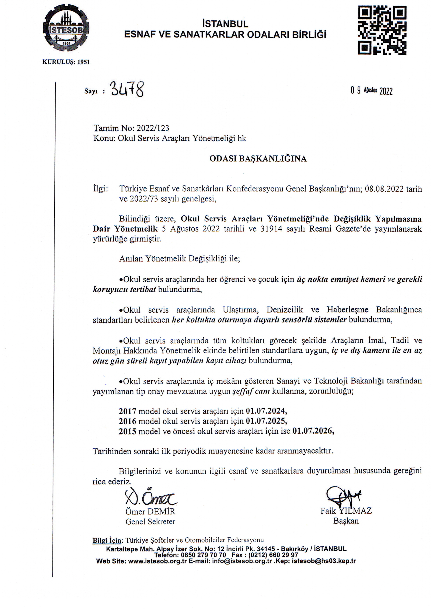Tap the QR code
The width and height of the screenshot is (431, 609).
382,30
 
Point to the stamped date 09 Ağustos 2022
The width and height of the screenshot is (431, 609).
371,91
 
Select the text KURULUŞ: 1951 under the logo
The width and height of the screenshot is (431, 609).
66,62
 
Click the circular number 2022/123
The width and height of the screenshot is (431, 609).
153,128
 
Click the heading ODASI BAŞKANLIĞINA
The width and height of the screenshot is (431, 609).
258,159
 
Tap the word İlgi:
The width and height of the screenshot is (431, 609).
101,189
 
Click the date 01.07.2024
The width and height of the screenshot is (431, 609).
266,411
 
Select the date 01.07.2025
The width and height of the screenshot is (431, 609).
266,421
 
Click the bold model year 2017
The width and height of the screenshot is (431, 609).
127,411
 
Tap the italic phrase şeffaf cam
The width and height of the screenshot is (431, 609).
251,391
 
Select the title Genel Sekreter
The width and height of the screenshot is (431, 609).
150,522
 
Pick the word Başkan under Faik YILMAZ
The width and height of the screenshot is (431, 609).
346,521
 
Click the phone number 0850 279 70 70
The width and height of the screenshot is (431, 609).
203,555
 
